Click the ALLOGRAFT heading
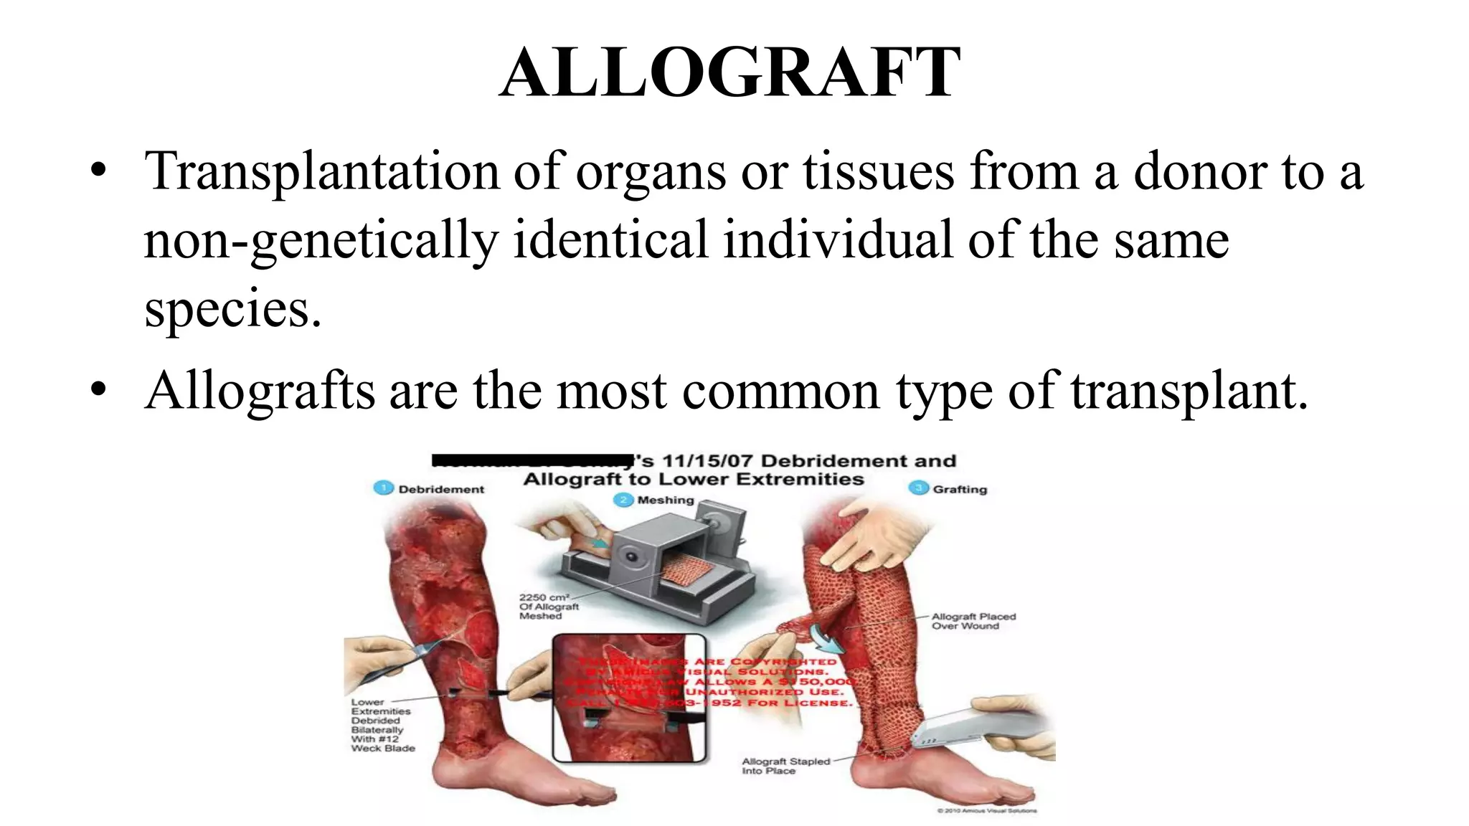730,72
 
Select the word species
232,309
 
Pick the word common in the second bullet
780,391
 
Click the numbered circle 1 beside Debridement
384,488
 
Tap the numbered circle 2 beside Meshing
623,499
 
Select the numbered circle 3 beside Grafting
918,488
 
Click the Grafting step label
960,489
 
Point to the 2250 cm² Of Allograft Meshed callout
548,607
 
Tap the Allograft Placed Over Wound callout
973,621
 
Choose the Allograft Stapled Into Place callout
785,766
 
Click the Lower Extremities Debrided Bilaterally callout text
382,725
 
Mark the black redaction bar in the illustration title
532,460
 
